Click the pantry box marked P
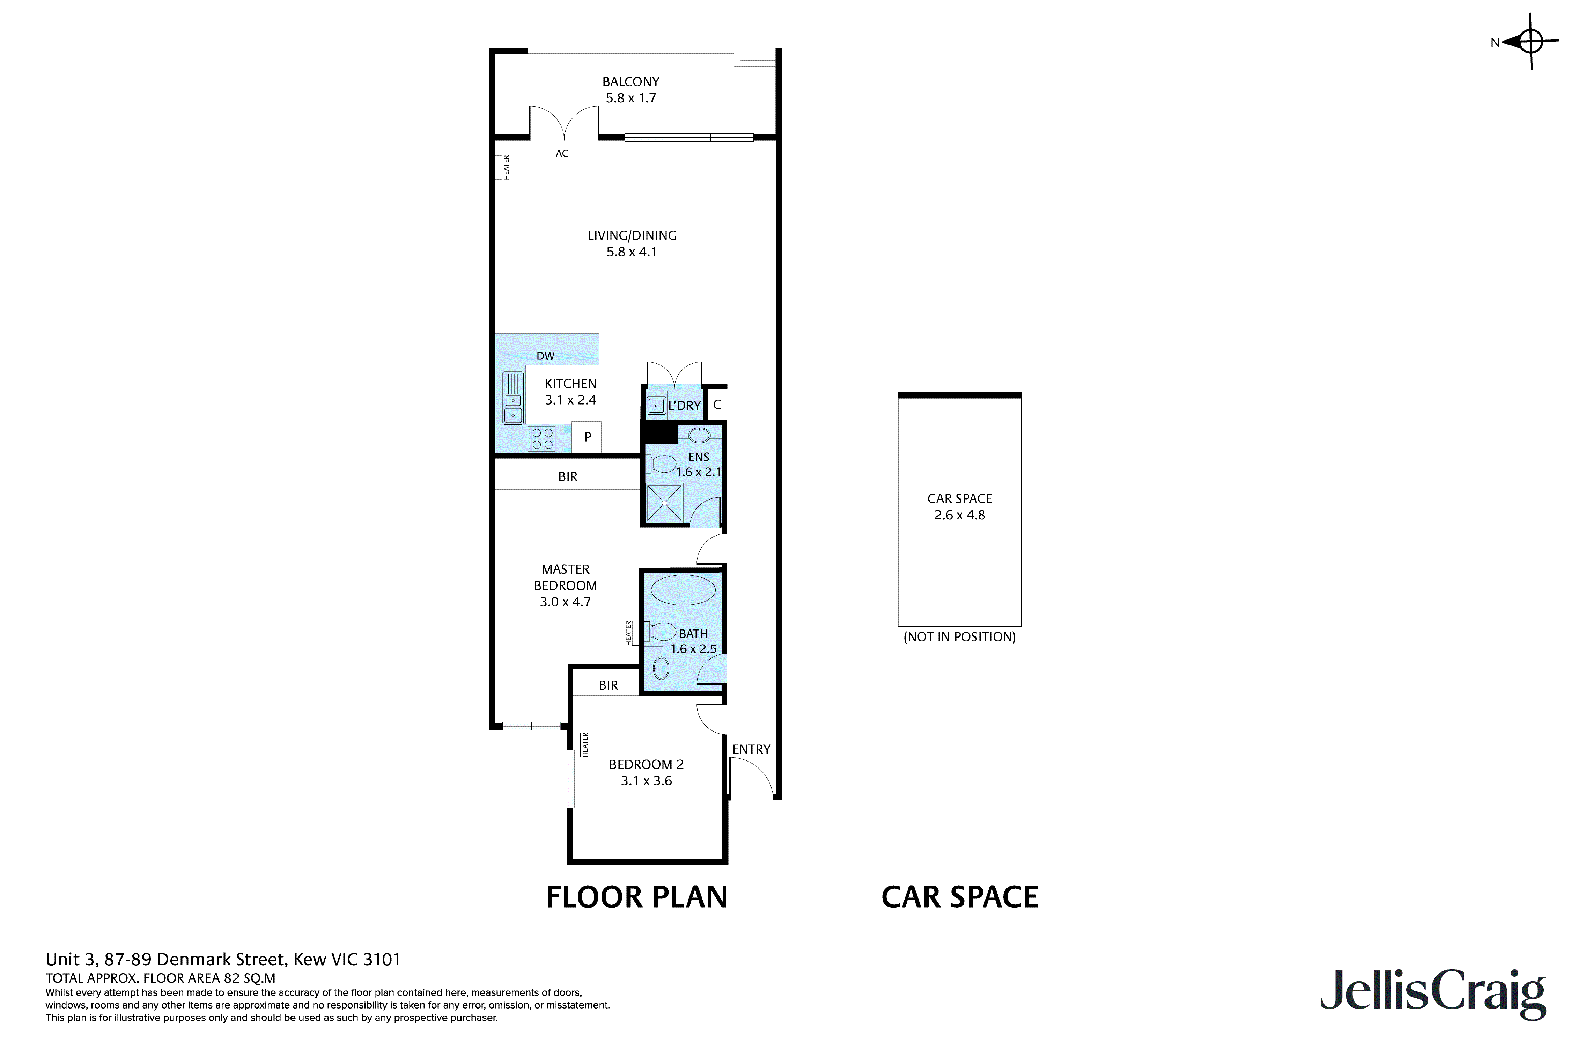click(x=587, y=437)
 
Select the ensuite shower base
click(x=665, y=503)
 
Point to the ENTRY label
click(x=751, y=749)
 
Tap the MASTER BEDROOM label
click(x=565, y=577)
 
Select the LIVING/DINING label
click(x=632, y=235)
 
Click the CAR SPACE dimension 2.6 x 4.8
click(x=960, y=515)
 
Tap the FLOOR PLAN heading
click(x=636, y=897)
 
